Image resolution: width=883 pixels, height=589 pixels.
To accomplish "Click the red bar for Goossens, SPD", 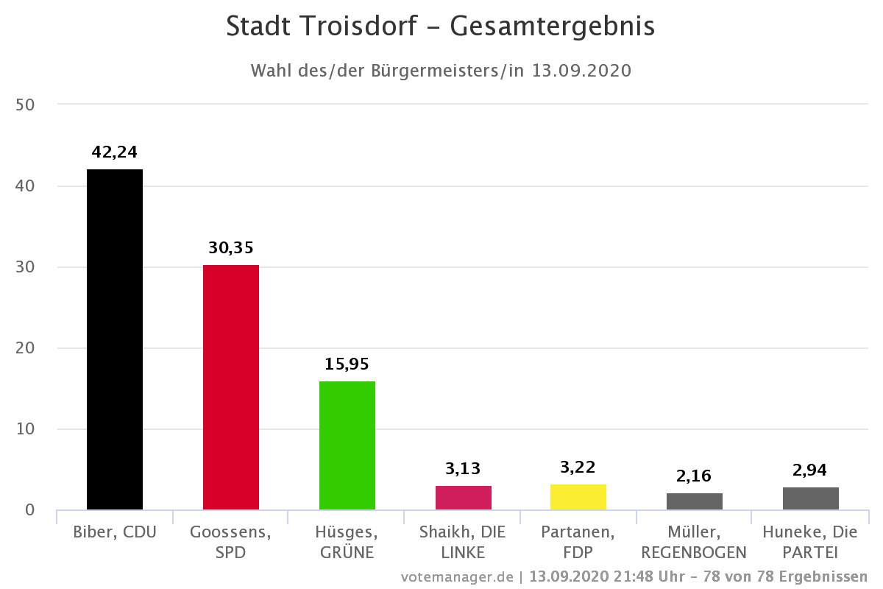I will coord(231,387).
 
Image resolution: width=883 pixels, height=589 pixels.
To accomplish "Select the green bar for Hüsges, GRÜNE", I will coord(347,445).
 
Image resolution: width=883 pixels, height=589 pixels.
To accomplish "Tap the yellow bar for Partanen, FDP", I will coord(578,497).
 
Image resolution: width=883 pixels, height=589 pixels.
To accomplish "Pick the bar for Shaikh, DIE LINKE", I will coord(464,498).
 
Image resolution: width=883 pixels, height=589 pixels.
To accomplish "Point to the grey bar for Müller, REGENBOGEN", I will coord(695,501).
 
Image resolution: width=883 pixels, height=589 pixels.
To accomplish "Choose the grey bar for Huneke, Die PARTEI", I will coord(811,498).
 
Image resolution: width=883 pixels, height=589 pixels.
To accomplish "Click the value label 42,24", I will coord(115,152).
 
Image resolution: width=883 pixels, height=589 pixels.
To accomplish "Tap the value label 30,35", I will coord(231,247).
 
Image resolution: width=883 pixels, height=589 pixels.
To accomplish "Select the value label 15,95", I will coord(347,364).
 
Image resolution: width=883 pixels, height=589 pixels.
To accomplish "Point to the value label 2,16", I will coord(695,476).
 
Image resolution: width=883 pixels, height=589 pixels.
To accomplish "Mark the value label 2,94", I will coord(811,469).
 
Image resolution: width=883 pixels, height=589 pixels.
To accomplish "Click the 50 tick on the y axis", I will coord(25,105).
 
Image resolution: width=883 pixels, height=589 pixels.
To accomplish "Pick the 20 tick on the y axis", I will coord(25,348).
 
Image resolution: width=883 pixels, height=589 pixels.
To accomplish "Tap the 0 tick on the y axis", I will coord(29,509).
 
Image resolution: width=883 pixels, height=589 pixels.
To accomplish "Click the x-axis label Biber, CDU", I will coord(115,532).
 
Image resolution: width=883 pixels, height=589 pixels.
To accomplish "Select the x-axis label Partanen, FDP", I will coord(578,541).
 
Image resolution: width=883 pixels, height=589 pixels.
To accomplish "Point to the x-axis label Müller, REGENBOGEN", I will coord(695,541).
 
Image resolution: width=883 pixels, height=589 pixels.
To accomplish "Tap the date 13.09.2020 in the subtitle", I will coord(582,71).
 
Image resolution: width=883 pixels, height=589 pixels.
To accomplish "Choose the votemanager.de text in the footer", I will coord(456,576).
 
